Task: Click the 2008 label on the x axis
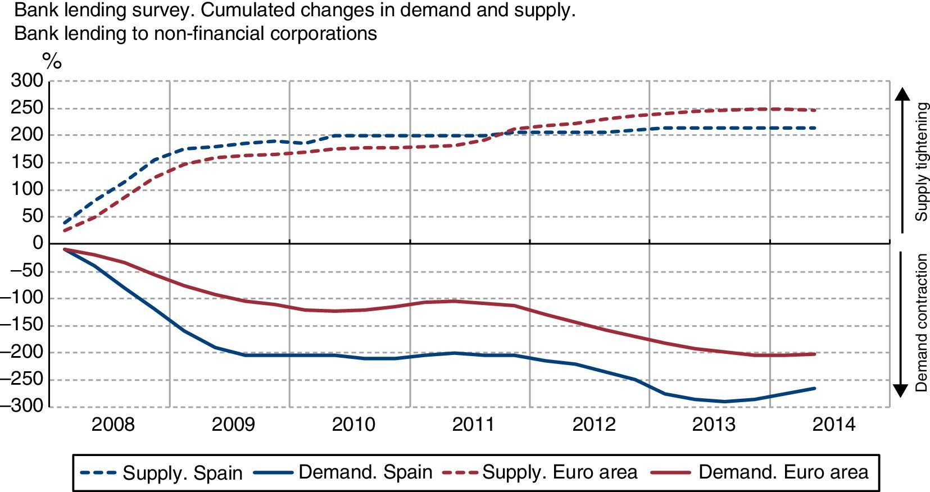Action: click(113, 424)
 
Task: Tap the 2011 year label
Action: click(473, 424)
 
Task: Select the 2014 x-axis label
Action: click(834, 424)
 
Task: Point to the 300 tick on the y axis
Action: click(27, 81)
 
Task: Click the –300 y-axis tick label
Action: click(22, 406)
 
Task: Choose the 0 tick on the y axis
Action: click(38, 244)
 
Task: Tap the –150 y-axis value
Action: click(22, 325)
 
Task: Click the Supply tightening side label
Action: click(922, 162)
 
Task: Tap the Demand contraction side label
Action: click(922, 323)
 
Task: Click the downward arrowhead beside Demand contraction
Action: click(901, 391)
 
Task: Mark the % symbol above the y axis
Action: click(52, 61)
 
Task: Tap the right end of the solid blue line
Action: click(815, 388)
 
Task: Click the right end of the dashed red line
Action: click(815, 110)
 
